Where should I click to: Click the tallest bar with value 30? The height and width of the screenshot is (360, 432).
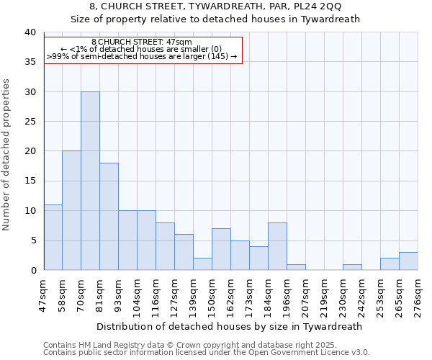click(90, 181)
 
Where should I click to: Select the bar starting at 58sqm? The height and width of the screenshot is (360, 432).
click(71, 210)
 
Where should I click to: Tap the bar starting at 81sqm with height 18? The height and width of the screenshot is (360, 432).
click(109, 216)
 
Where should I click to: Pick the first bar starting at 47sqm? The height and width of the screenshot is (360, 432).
click(53, 237)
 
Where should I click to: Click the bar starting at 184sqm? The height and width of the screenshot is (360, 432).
click(277, 246)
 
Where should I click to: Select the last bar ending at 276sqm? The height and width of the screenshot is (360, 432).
click(408, 261)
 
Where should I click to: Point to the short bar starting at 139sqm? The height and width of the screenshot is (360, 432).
click(202, 264)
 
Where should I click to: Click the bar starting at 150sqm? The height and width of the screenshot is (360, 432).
click(221, 249)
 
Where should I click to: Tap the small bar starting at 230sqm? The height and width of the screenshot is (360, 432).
click(352, 267)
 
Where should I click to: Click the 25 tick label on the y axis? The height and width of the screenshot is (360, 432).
click(30, 122)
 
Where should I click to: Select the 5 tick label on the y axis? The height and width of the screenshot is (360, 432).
click(32, 240)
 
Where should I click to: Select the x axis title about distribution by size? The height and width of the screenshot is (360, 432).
click(230, 326)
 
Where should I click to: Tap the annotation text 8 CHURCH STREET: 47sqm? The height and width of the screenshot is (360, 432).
click(143, 42)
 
